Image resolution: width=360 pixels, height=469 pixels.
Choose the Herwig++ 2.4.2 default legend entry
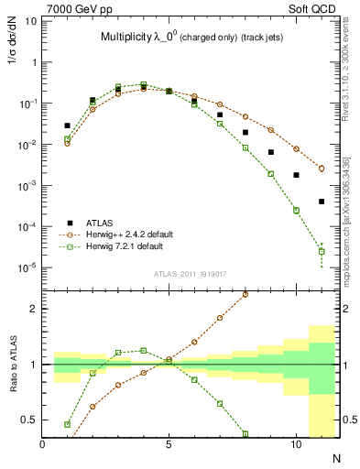[x=136, y=234]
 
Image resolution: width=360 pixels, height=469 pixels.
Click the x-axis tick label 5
[x=169, y=444]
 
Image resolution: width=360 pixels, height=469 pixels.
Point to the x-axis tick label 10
[x=295, y=444]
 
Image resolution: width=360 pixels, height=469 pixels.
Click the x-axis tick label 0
[x=42, y=444]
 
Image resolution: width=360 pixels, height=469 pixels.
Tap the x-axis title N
[x=336, y=457]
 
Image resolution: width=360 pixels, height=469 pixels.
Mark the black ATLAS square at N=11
[x=322, y=202]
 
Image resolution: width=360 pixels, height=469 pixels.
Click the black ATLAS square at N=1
[x=67, y=125]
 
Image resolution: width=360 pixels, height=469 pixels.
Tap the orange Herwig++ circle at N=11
[x=322, y=169]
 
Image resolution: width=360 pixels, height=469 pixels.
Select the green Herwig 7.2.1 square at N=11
[x=322, y=251]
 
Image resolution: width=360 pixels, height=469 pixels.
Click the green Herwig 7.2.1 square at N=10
[x=296, y=210]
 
